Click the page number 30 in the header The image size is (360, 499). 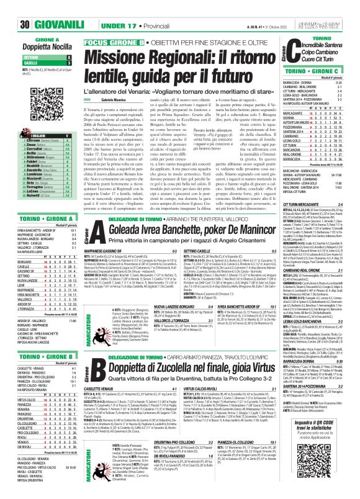(9, 8)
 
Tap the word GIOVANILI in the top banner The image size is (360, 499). (38, 8)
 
